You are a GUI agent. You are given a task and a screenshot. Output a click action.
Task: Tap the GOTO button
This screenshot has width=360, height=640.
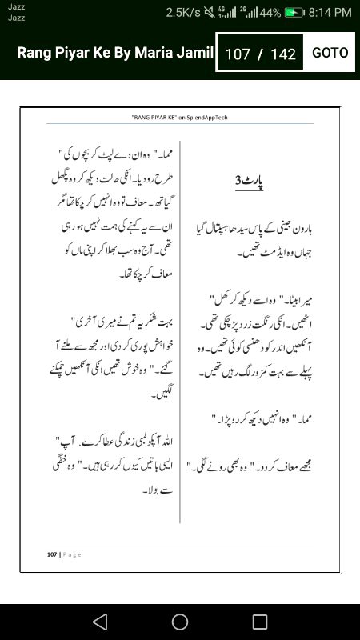[x=330, y=53]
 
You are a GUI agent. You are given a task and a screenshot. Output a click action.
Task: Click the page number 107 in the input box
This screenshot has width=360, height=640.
[x=238, y=54]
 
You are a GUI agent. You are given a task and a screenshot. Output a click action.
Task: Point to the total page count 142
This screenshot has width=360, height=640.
[x=283, y=54]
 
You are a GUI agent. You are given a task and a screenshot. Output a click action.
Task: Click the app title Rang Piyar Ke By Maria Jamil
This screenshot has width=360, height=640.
[x=116, y=53]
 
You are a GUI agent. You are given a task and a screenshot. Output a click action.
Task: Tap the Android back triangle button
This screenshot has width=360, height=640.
[x=99, y=622]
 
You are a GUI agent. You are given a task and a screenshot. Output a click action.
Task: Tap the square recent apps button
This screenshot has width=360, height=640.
[x=260, y=622]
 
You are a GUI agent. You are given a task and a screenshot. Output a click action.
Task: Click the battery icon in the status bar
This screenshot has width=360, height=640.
[x=295, y=13]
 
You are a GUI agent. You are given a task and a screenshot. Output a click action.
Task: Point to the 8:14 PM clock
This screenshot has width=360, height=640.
[x=330, y=13]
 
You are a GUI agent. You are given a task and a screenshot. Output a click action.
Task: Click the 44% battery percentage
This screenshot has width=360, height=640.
[x=270, y=13]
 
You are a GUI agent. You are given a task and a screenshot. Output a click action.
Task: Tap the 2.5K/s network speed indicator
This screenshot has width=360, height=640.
[x=184, y=13]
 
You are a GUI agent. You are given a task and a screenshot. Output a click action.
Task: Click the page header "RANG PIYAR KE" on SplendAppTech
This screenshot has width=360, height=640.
[x=181, y=117]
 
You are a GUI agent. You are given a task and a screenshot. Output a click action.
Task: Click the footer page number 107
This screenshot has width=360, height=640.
[x=52, y=554]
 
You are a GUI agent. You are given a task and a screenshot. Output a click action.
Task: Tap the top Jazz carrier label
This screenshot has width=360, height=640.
[x=16, y=6]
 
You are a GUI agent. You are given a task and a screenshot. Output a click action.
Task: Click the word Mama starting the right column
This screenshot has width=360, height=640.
[x=158, y=152]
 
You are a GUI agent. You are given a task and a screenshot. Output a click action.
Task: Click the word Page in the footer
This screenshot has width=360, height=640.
[x=73, y=554]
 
